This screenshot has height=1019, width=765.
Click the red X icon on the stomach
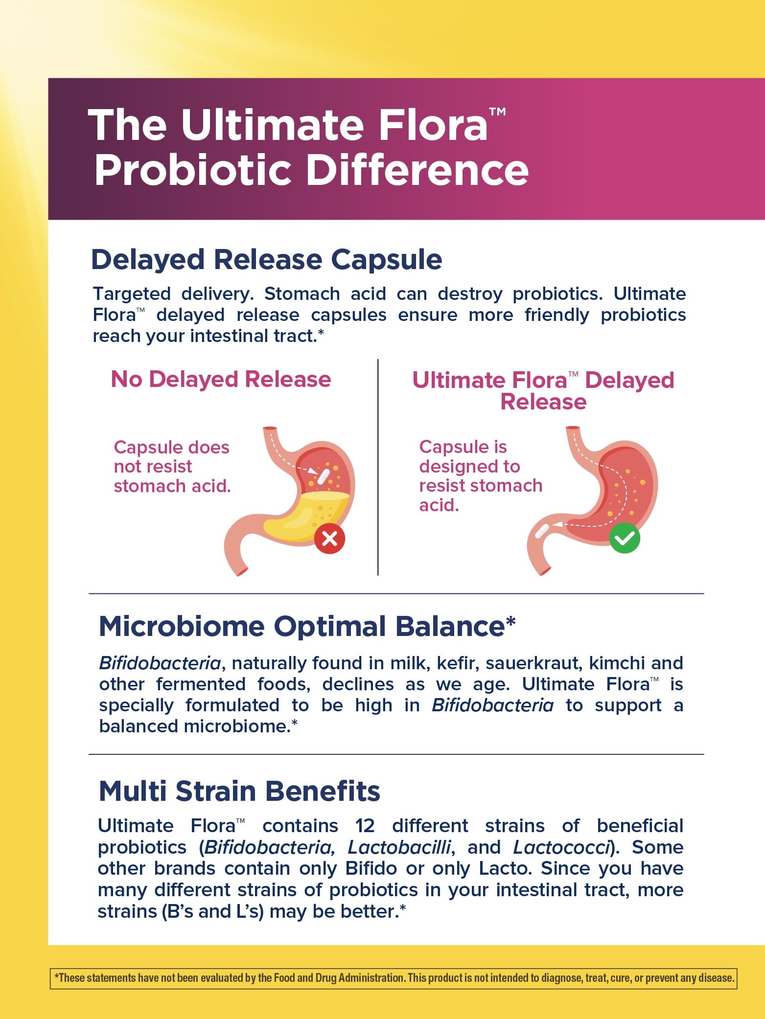pos(329,539)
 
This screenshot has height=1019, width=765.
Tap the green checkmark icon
pos(625,538)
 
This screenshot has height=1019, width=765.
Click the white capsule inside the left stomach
pos(323,476)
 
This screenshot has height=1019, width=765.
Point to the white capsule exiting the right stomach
pos(542,531)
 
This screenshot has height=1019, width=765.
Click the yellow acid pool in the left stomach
pos(306,516)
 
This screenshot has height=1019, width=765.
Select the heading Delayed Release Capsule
pos(267,259)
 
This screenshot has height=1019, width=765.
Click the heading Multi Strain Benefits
pos(239,791)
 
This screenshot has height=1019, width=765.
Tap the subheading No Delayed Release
pos(221,379)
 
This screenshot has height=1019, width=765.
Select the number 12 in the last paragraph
pos(365,826)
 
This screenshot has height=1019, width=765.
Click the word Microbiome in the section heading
pos(182,627)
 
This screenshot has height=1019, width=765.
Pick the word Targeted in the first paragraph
pos(132,294)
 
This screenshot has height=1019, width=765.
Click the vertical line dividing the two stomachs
pos(378,467)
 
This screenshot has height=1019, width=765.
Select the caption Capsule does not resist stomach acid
pos(172,467)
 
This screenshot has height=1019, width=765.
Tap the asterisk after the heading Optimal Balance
pos(510,622)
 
